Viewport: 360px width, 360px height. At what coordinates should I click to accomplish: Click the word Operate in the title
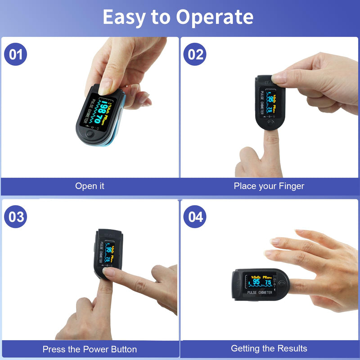pyautogui.click(x=215, y=17)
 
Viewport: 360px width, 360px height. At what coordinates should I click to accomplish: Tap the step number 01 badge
pyautogui.click(x=16, y=54)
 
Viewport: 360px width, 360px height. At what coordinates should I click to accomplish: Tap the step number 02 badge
pyautogui.click(x=195, y=54)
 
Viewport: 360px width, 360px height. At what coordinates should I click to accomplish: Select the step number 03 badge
pyautogui.click(x=16, y=216)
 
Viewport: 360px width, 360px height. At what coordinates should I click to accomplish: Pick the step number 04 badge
pyautogui.click(x=195, y=216)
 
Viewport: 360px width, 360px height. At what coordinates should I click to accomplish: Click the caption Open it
pyautogui.click(x=90, y=186)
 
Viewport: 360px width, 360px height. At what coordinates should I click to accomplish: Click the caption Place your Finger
pyautogui.click(x=269, y=186)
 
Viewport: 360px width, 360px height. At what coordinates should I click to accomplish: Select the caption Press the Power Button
pyautogui.click(x=90, y=349)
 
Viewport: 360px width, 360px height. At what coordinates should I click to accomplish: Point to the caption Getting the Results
pyautogui.click(x=269, y=348)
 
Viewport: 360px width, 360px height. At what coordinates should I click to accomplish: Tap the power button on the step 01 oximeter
pyautogui.click(x=90, y=134)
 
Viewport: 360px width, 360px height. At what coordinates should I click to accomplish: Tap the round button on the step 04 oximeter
pyautogui.click(x=282, y=283)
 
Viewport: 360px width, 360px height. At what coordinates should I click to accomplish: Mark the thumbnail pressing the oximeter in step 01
pyautogui.click(x=105, y=85)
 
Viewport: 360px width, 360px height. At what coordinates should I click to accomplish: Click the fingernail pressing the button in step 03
pyautogui.click(x=108, y=271)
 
